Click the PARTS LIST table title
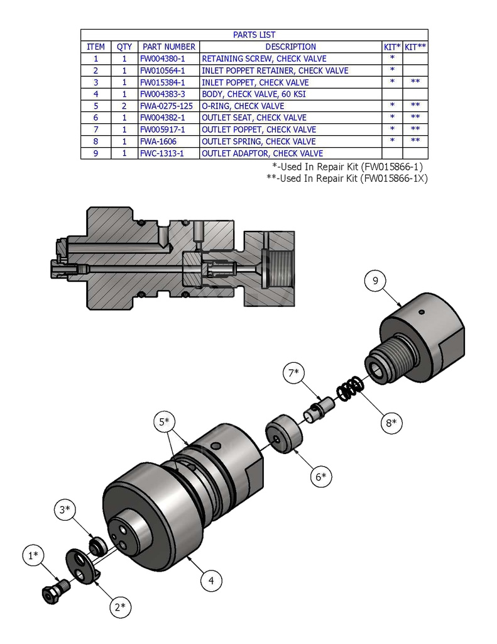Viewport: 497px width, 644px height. click(254, 35)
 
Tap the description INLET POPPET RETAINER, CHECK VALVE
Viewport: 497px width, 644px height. click(275, 70)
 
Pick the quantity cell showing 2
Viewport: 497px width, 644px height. click(124, 106)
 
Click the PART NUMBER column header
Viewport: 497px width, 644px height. click(168, 47)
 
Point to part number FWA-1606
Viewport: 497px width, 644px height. click(158, 142)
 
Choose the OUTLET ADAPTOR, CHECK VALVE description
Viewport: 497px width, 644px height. click(262, 153)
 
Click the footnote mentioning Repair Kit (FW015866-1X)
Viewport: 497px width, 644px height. click(347, 178)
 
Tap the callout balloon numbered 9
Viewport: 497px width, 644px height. click(375, 281)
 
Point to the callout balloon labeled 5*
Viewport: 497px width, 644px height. click(165, 422)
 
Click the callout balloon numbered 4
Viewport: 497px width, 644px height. click(211, 580)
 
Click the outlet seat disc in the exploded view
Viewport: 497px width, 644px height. click(282, 433)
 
